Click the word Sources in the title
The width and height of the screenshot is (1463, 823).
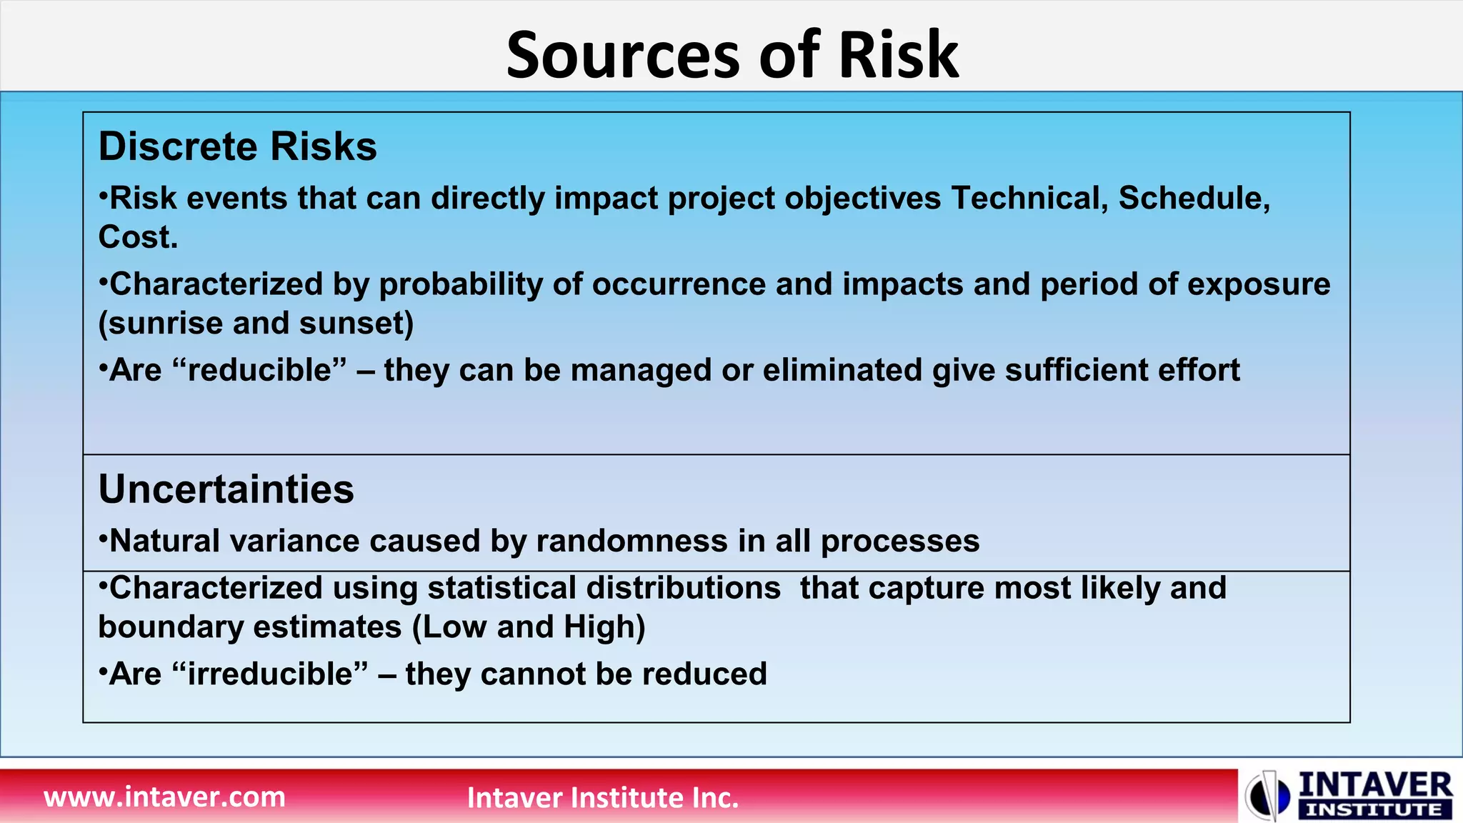point(621,56)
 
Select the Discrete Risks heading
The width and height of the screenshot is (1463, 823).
point(237,146)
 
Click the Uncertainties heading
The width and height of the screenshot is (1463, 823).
point(226,489)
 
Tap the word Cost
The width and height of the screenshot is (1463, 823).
point(137,237)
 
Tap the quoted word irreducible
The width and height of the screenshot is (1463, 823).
point(271,674)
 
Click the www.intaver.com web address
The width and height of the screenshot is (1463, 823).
point(164,797)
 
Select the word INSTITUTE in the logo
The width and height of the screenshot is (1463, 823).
point(1374,810)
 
